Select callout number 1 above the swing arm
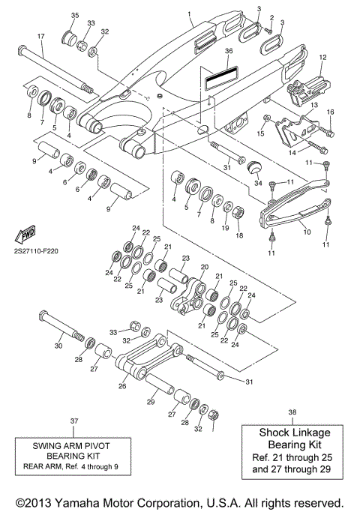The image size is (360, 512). pos(189,14)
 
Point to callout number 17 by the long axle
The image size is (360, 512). pos(40,37)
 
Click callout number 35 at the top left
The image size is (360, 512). pos(74,16)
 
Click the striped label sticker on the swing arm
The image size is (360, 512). pos(223,76)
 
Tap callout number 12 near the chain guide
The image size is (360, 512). pos(323,57)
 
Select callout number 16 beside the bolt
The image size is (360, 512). pos(329,112)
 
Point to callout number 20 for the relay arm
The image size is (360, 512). pos(203,266)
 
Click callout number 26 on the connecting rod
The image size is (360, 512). pos(123,387)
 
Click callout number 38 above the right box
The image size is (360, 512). pos(291,412)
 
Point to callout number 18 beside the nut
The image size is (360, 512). pos(239,235)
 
